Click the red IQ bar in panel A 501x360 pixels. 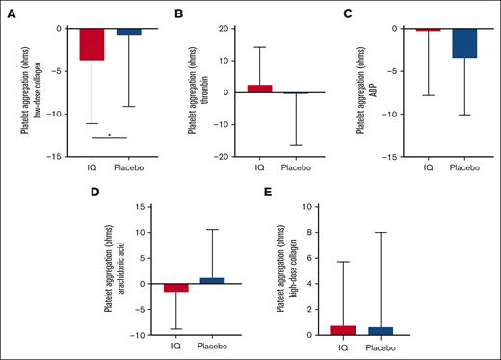tap(92, 44)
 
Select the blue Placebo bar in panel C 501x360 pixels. tap(437, 43)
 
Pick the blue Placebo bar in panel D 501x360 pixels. tap(213, 280)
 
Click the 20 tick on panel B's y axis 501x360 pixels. tap(223, 28)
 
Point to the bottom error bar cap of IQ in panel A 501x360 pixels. tap(92, 123)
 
